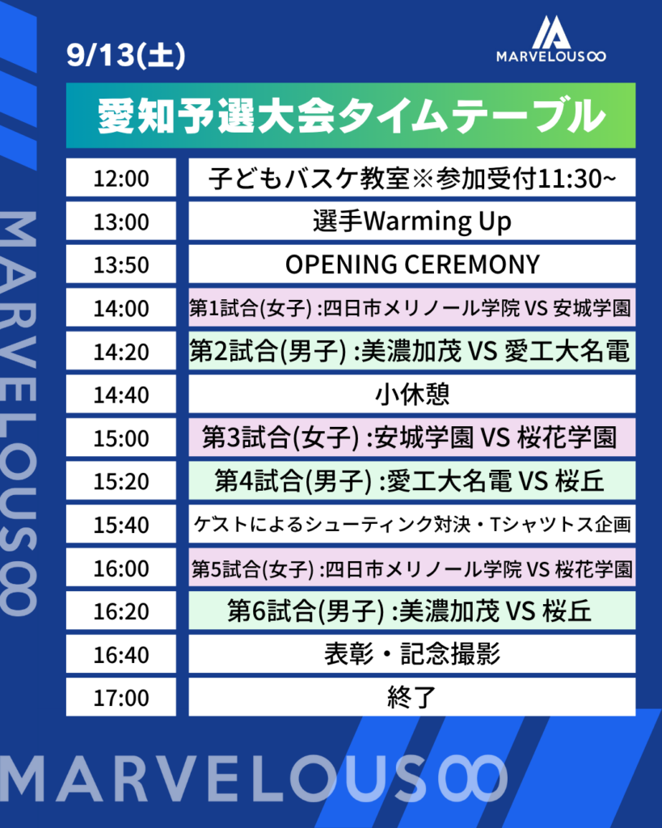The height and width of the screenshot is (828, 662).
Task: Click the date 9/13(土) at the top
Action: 125,55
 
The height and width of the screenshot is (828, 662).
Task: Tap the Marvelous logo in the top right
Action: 550,39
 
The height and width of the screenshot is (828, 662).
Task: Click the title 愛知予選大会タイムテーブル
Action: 351,116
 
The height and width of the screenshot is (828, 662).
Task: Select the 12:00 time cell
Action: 121,177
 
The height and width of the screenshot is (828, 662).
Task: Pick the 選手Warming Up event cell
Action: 411,221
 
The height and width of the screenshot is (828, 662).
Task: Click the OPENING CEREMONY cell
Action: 411,264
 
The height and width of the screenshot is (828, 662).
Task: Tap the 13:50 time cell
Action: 121,264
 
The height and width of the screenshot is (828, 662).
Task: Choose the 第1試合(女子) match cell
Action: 411,307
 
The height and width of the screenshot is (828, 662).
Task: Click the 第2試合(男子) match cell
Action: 411,351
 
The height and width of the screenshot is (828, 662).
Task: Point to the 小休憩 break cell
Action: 411,394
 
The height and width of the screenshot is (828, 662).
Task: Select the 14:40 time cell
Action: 121,394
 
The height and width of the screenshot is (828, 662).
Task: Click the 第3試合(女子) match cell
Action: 411,437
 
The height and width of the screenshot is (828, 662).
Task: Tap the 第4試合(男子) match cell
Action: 411,480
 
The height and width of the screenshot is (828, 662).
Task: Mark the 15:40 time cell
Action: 121,524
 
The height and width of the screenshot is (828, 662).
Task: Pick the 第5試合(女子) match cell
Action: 411,567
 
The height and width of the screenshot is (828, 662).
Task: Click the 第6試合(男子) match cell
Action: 411,610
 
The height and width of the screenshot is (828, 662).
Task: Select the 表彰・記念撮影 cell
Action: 411,653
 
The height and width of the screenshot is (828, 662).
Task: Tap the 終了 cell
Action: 411,697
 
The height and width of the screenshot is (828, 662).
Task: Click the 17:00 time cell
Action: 121,697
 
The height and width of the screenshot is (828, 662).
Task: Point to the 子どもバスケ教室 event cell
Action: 411,177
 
